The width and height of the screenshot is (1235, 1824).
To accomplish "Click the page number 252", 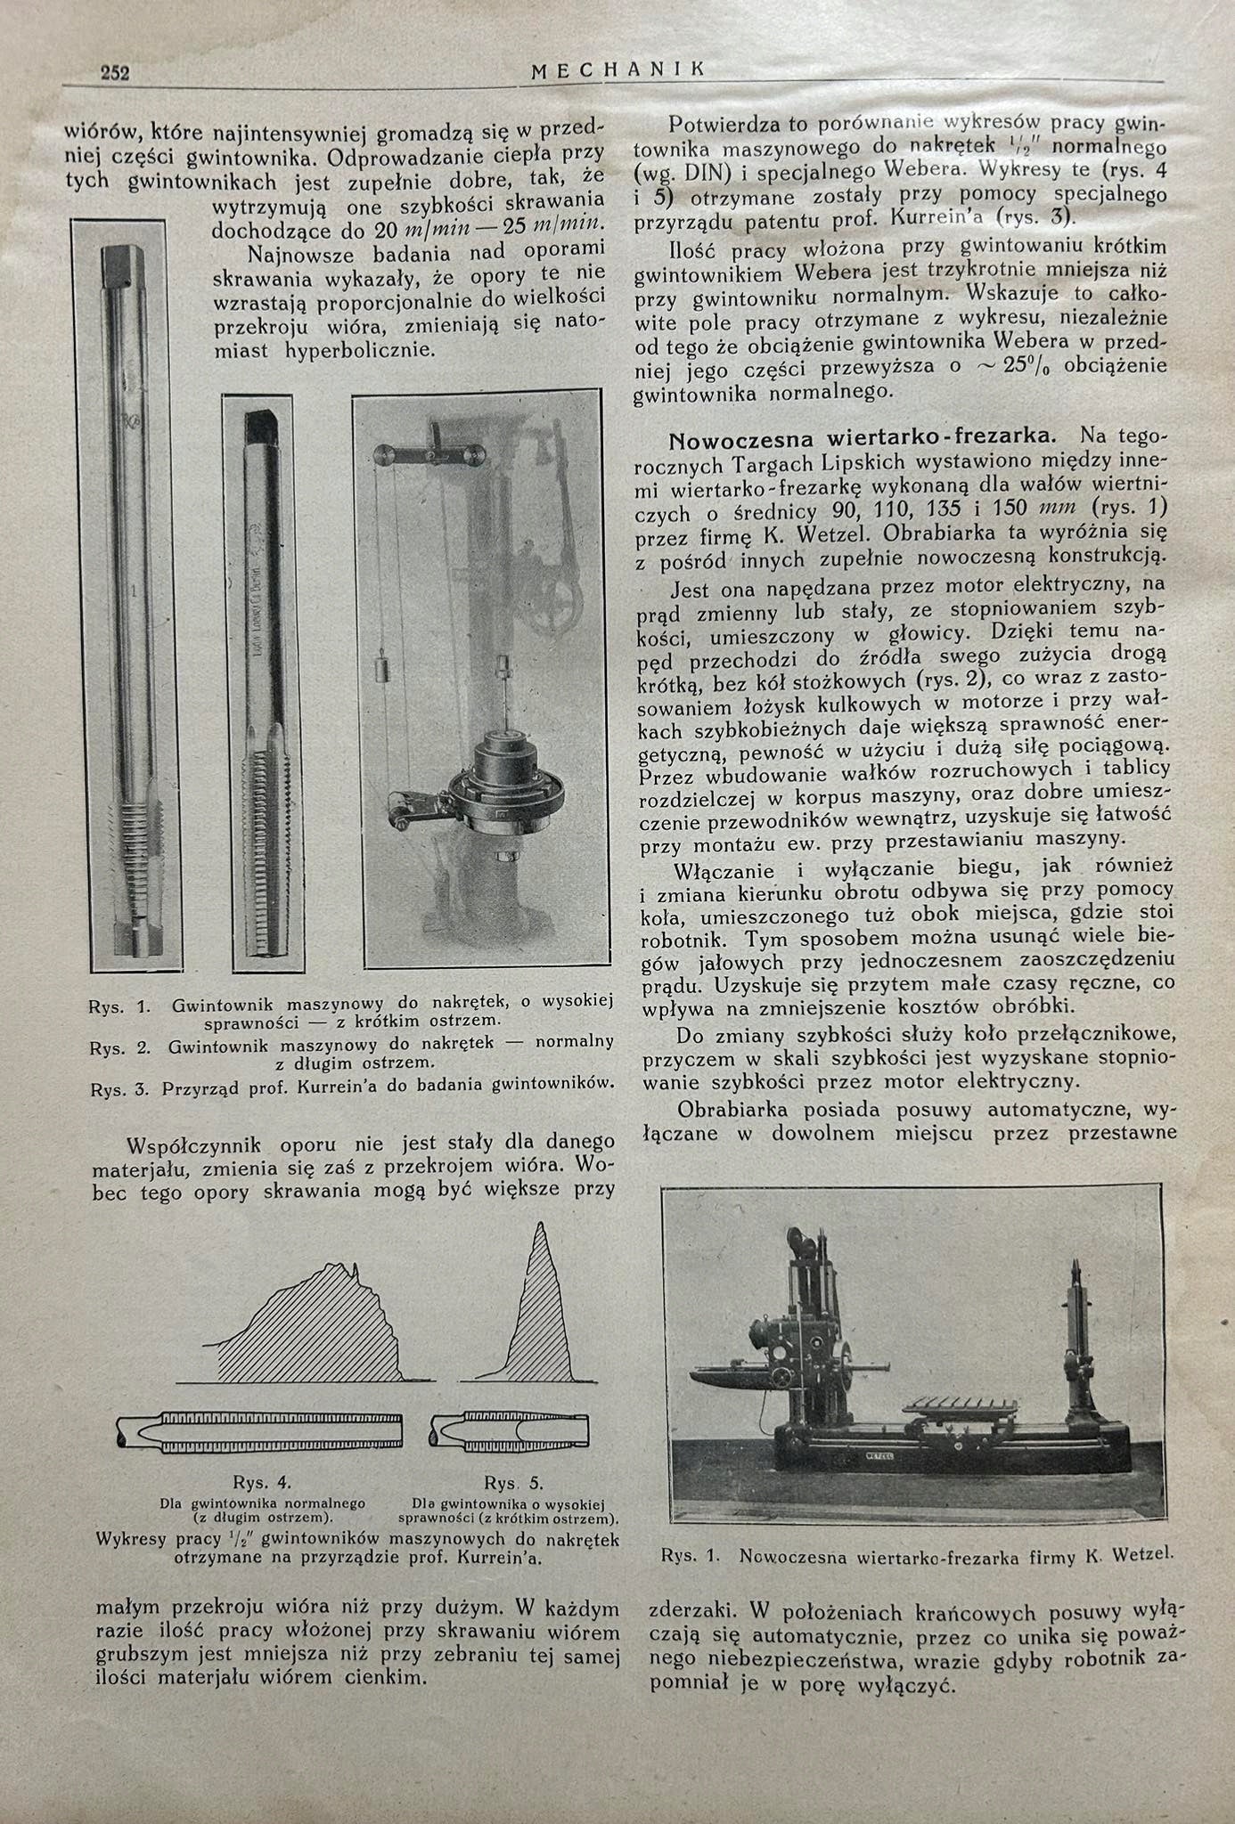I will coord(115,73).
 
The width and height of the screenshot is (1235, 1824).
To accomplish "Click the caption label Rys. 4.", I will coord(262,1483).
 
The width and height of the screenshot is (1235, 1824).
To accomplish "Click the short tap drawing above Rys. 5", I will coord(511,1429).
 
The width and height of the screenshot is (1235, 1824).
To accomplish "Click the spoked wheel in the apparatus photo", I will coord(558,614).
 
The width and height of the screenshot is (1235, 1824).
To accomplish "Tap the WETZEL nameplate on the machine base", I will coord(879,1452).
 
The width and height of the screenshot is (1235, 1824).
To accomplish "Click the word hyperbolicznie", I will coord(359,349).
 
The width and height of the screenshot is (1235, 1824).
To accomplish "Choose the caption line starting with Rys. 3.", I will coord(352,1085).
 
